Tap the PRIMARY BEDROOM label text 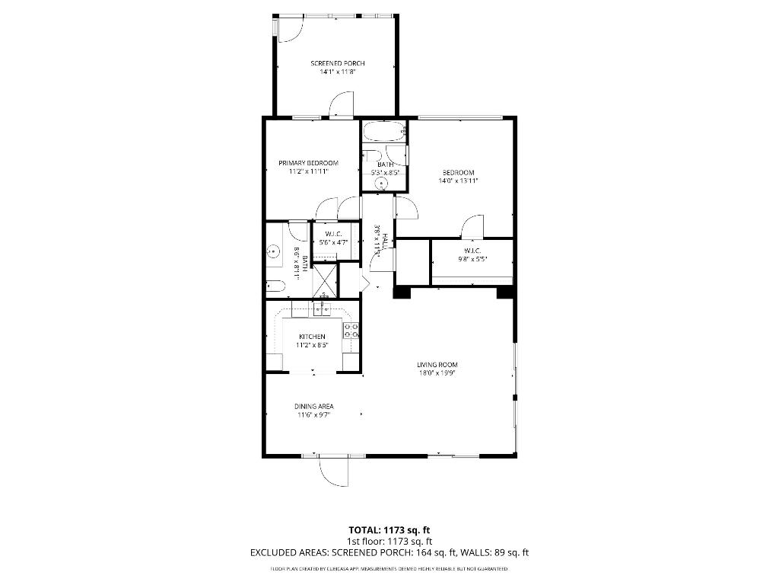(308, 163)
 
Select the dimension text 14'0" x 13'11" (458, 181)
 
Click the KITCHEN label (312, 337)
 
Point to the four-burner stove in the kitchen (351, 331)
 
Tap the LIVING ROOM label (437, 365)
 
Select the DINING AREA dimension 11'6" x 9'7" (314, 416)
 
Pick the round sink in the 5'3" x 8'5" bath (384, 182)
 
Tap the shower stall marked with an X (324, 278)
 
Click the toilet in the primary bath (275, 287)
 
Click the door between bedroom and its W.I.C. (472, 226)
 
